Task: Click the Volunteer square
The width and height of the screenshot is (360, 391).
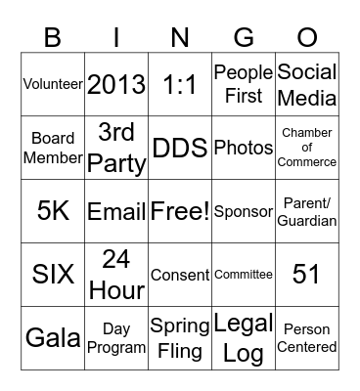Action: [53, 84]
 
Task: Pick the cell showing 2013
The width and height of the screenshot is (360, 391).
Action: [116, 84]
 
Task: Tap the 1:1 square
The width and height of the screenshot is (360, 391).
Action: [180, 84]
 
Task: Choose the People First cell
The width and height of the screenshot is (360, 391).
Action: [244, 84]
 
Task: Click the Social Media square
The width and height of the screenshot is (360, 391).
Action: [307, 84]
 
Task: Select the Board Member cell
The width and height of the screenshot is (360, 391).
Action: [53, 148]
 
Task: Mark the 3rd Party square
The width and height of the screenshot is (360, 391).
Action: [116, 148]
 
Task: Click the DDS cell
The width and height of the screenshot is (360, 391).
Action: [180, 148]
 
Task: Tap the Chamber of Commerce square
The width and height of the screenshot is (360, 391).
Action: [307, 148]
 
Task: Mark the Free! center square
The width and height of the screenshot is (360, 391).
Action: [180, 211]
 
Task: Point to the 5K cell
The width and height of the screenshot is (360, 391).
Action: [53, 211]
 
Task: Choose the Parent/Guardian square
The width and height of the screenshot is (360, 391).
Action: [307, 211]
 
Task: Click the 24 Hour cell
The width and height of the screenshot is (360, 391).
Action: [116, 275]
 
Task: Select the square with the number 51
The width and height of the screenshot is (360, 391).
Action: [307, 275]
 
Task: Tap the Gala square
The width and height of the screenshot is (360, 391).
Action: [53, 338]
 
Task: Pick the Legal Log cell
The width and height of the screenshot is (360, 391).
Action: [244, 338]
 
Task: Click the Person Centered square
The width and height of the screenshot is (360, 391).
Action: [307, 338]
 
